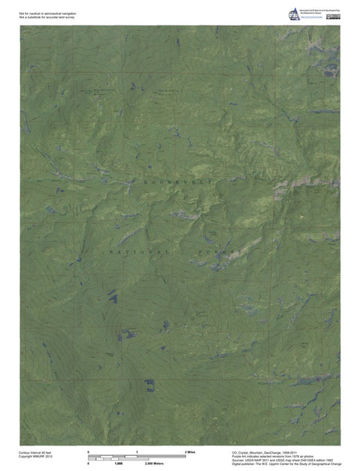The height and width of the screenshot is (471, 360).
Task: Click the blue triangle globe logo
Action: (292, 13)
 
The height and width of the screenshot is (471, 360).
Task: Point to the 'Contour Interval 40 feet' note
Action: (35, 453)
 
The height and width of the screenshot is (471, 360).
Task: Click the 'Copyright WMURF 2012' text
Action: (35, 457)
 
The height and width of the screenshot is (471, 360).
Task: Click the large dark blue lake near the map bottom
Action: (150, 386)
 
